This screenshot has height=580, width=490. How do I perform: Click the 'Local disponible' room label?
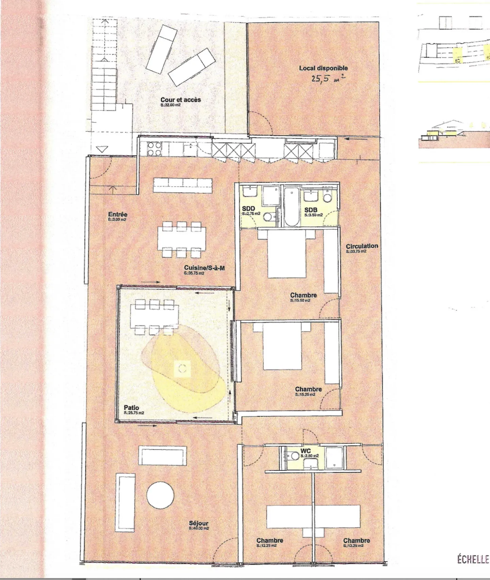[x=323, y=68]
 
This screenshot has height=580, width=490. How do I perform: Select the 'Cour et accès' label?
[x=180, y=100]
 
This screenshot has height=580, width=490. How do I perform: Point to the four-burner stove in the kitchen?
[x=154, y=149]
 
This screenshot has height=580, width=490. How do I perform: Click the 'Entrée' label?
[x=118, y=214]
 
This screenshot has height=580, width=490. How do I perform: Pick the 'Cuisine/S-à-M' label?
[x=204, y=268]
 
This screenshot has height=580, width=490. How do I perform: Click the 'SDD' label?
[x=248, y=209]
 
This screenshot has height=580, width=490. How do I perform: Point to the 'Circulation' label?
[x=362, y=246]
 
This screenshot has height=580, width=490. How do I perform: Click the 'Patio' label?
[x=131, y=408]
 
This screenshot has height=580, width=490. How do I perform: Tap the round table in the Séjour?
[x=160, y=494]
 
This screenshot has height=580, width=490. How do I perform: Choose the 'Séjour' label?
[x=198, y=523]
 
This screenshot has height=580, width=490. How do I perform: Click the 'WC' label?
[x=306, y=451]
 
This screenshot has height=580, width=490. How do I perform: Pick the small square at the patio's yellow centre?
[x=182, y=368]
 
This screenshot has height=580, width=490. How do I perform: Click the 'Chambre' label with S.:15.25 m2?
[x=308, y=389]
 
